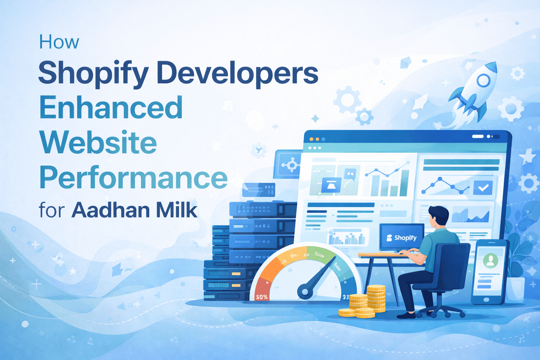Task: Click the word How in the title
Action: pos(59,43)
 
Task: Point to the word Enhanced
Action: pos(111,107)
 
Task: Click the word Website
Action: pos(98,142)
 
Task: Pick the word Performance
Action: pos(134,178)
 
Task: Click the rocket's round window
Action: pos(483,81)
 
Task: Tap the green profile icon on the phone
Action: pos(490,261)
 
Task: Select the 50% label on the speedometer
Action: pos(262,297)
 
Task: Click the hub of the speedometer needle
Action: pos(305,291)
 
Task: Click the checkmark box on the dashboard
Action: pos(483,188)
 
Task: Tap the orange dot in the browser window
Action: pos(317,139)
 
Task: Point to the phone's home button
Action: pos(486,300)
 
